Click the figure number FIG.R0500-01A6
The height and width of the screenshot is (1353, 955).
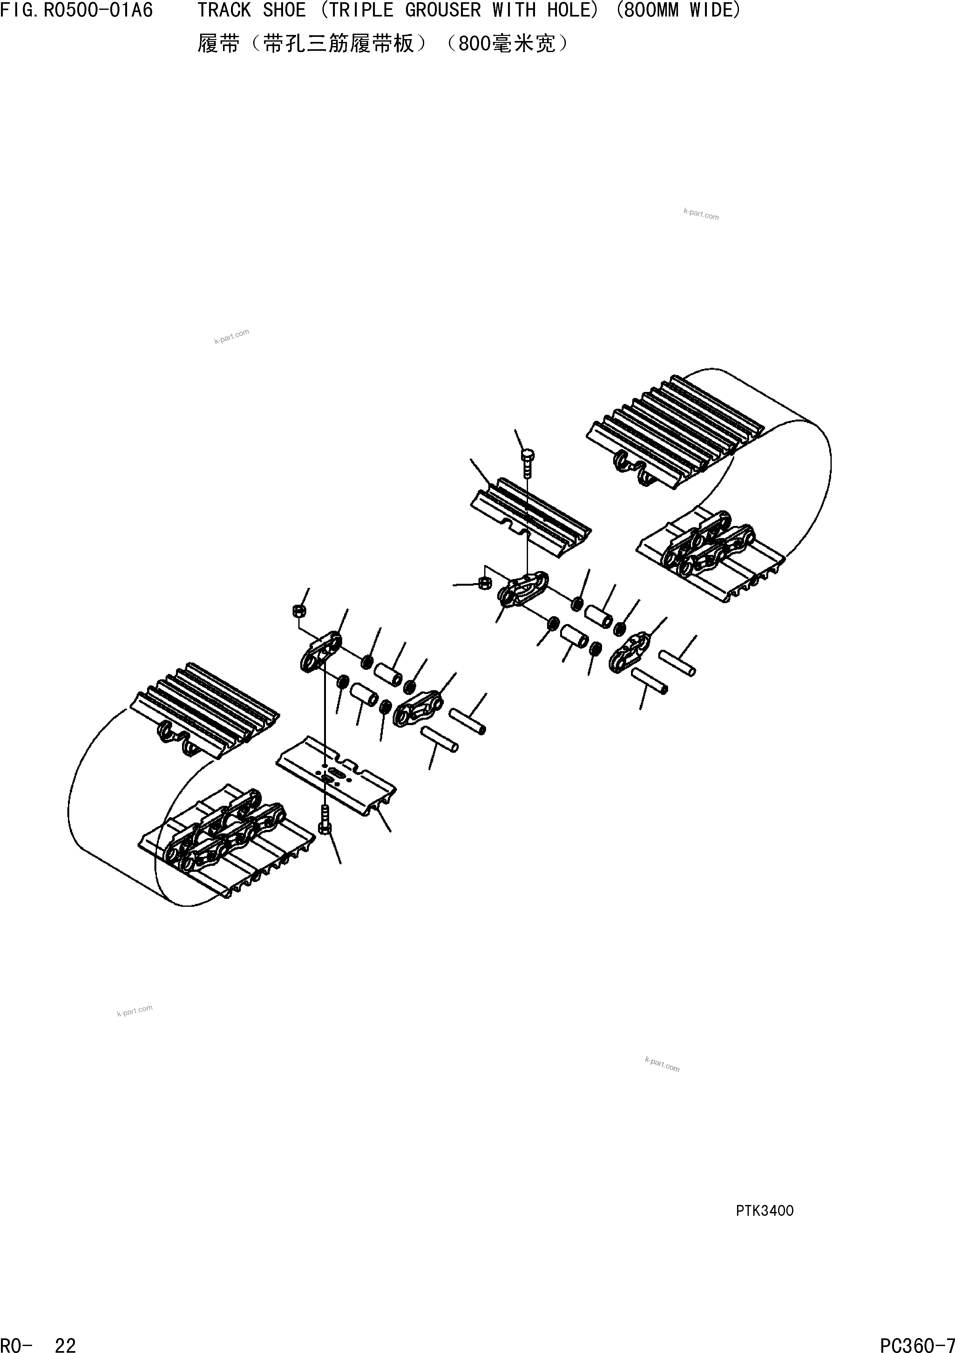click(x=77, y=10)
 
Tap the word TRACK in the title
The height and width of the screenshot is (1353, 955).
click(x=224, y=10)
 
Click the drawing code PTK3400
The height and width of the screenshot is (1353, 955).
click(x=765, y=1210)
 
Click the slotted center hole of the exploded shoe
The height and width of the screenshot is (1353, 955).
click(x=335, y=772)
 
